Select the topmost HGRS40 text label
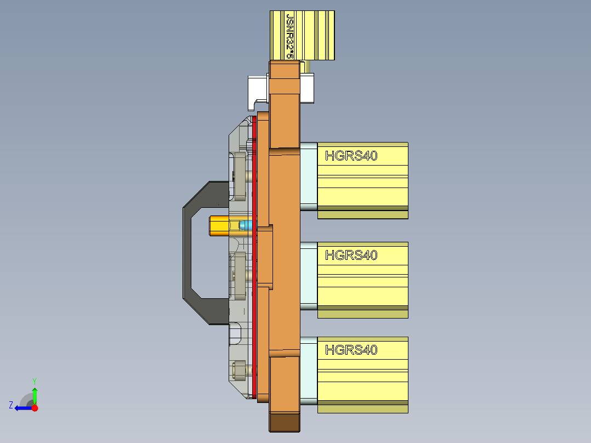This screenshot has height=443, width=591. pos(351,156)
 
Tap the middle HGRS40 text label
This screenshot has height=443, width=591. pos(351,255)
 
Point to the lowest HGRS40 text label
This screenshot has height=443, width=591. pos(351,350)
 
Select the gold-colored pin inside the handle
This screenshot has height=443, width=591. pos(219,225)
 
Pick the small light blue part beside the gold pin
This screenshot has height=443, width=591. pos(248,225)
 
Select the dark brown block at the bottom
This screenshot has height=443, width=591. pos(285,422)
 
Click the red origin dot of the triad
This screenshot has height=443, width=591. pos(35,408)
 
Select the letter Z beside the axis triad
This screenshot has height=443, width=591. pos(11,405)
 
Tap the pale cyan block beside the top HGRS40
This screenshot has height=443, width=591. pos(309,175)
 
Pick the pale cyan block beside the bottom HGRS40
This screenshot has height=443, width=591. pos(309,370)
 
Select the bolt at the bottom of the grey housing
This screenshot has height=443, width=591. pos(239,371)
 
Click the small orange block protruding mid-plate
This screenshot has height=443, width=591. pos(265,257)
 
